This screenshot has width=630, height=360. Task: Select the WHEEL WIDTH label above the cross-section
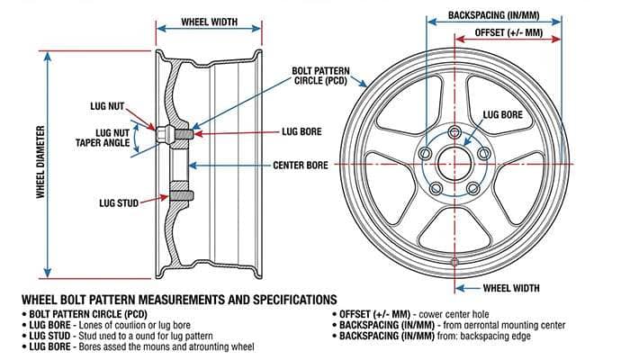[209, 21]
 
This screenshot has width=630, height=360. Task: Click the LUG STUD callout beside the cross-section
[119, 203]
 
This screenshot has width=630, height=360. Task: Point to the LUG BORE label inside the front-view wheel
[502, 115]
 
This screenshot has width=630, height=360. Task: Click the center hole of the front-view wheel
[454, 166]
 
